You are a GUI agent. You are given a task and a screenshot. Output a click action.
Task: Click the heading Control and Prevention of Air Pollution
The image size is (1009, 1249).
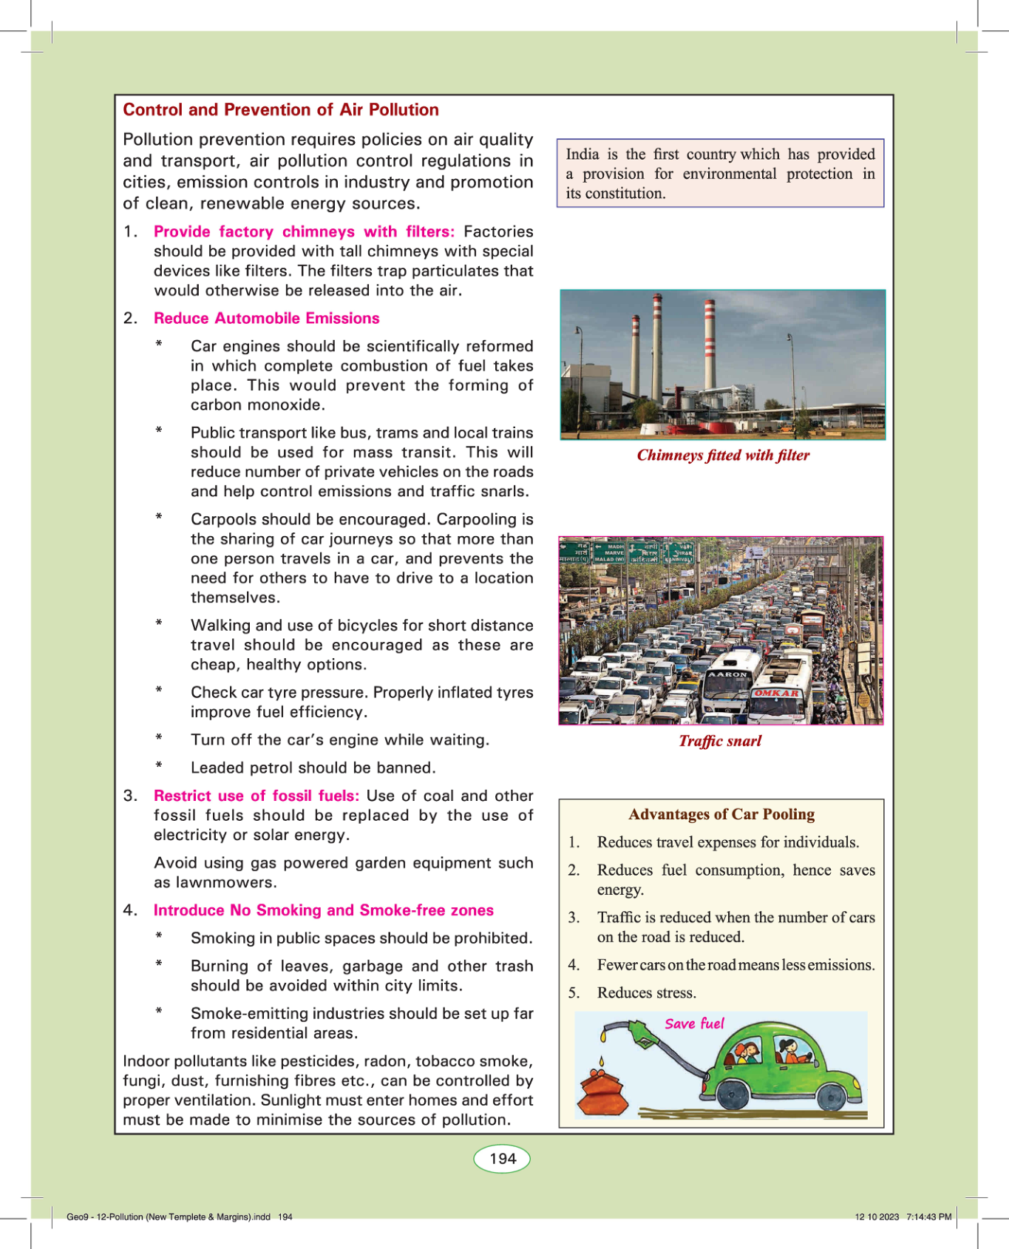(x=280, y=110)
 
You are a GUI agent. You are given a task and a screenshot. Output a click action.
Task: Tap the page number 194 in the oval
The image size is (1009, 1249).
(x=502, y=1159)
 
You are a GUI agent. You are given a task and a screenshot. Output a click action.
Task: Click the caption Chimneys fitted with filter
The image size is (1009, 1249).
(x=723, y=456)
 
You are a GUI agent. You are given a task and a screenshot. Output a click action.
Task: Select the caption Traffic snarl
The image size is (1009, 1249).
(x=720, y=741)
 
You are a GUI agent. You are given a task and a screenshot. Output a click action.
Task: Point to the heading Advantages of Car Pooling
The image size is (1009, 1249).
(x=721, y=814)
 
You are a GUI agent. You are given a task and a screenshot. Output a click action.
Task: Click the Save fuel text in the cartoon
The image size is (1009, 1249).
(x=694, y=1023)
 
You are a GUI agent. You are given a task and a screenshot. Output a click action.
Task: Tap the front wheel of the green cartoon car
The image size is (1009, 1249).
(x=831, y=1096)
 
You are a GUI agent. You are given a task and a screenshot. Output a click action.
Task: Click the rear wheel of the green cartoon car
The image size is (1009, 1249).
(x=732, y=1094)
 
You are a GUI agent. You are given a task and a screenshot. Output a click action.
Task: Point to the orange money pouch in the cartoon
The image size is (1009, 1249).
(x=602, y=1093)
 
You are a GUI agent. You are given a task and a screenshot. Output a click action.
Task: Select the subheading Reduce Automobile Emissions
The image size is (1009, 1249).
(x=266, y=319)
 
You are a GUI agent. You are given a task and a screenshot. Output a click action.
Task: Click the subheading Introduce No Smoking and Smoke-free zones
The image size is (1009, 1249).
(x=323, y=910)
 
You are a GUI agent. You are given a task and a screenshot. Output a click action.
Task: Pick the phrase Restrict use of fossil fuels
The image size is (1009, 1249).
(x=256, y=796)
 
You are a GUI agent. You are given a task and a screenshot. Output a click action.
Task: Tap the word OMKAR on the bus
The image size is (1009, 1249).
(x=776, y=694)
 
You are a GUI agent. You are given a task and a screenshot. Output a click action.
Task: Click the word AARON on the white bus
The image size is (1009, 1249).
(x=728, y=674)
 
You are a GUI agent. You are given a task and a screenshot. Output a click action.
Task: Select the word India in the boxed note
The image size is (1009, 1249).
(x=582, y=155)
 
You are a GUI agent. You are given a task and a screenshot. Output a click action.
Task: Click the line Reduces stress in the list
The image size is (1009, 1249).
(x=646, y=993)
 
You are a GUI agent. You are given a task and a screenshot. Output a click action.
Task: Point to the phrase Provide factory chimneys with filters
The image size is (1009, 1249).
(x=304, y=232)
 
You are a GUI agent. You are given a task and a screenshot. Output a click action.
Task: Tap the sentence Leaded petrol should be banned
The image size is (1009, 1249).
(x=313, y=768)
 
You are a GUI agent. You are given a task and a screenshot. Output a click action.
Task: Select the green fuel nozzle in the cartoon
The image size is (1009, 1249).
(x=641, y=1033)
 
